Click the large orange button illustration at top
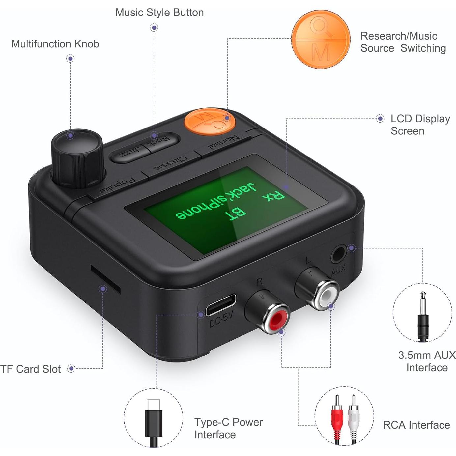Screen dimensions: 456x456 pos(321,39)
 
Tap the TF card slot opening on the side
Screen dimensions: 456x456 pos(105,280)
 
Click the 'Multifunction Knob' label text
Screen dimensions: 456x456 pos(55,44)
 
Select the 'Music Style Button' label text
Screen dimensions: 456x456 pos(159,13)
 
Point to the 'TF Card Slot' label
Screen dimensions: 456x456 pos(31,369)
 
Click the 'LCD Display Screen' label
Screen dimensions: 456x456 pos(420,125)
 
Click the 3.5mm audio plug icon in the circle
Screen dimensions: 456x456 pos(423,317)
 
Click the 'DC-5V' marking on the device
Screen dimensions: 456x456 pos(221,320)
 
